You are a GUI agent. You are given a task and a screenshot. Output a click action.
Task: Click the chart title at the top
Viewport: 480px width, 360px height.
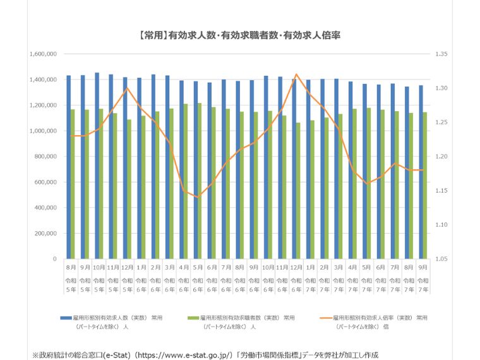[240, 36]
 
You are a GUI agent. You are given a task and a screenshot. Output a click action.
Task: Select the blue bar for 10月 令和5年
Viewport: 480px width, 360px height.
[97, 165]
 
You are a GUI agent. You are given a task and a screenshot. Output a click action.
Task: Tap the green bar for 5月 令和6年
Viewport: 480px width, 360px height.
[200, 181]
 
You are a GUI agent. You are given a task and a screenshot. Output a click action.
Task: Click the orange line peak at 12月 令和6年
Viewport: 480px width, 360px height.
[296, 75]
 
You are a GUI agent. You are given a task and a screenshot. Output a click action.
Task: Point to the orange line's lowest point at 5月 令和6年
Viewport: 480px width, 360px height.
[198, 197]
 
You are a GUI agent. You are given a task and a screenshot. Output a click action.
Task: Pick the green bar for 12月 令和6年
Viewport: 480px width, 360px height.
[297, 190]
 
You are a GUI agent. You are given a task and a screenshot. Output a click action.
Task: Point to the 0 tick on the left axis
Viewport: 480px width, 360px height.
[54, 259]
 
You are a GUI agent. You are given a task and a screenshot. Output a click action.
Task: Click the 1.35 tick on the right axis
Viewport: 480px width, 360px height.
[441, 54]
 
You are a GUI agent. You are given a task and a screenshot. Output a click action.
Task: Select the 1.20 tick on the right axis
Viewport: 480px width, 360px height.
[441, 157]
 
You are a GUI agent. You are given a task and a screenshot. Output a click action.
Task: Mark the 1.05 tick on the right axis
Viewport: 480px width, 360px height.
[441, 259]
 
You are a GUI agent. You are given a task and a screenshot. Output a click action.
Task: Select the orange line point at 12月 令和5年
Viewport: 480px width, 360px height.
[127, 88]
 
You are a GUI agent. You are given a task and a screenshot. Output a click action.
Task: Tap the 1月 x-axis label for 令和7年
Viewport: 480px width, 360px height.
[309, 267]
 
